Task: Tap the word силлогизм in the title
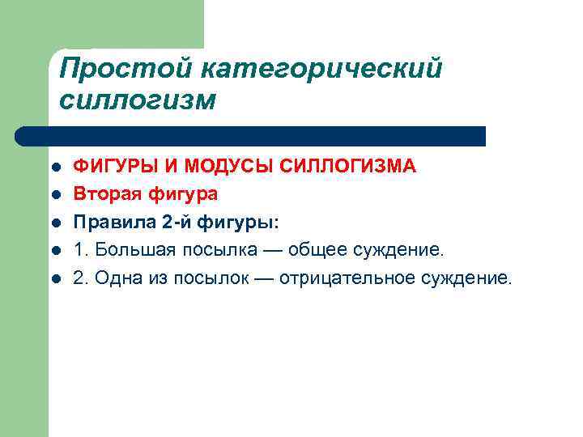click(x=138, y=101)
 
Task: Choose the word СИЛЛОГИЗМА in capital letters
click(x=348, y=167)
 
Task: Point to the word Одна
click(x=117, y=278)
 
